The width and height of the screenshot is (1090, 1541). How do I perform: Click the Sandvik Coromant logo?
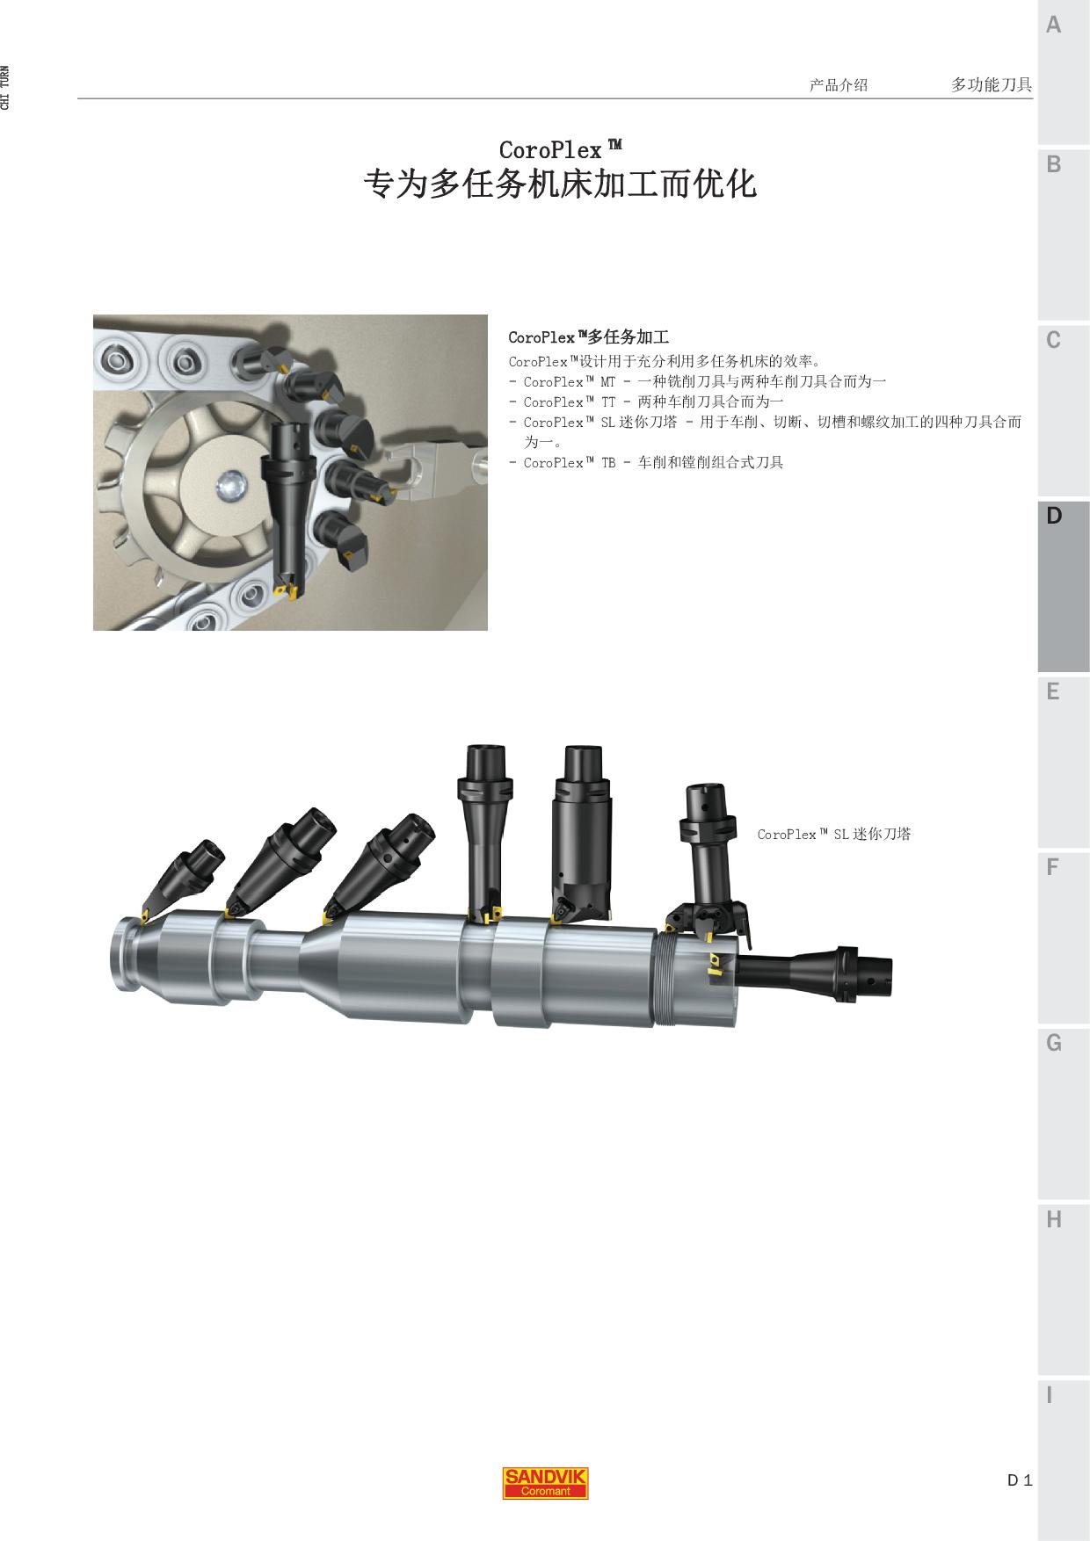point(545,1483)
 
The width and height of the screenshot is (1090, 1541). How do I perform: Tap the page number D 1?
point(1020,1480)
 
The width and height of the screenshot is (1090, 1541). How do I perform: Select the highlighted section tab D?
point(1064,586)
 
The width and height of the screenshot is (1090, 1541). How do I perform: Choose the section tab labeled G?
point(1064,1113)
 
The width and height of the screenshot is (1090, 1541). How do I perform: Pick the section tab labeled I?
point(1064,1458)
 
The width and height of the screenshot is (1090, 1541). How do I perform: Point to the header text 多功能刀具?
point(992,84)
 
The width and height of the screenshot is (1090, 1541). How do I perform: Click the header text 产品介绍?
point(839,85)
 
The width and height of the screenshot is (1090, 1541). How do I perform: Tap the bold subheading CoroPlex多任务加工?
point(589,336)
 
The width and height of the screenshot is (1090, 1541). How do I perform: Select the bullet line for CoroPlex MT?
point(698,381)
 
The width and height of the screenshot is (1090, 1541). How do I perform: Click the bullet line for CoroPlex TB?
point(646,462)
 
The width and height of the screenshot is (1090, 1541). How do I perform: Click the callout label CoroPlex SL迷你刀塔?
point(834,834)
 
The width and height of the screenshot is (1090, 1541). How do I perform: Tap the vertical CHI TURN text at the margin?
point(6,88)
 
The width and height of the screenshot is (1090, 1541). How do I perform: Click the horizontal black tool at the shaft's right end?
point(813,973)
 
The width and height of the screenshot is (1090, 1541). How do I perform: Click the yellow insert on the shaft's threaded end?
point(715,963)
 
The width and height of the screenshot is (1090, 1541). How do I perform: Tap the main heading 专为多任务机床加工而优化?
point(560,184)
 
